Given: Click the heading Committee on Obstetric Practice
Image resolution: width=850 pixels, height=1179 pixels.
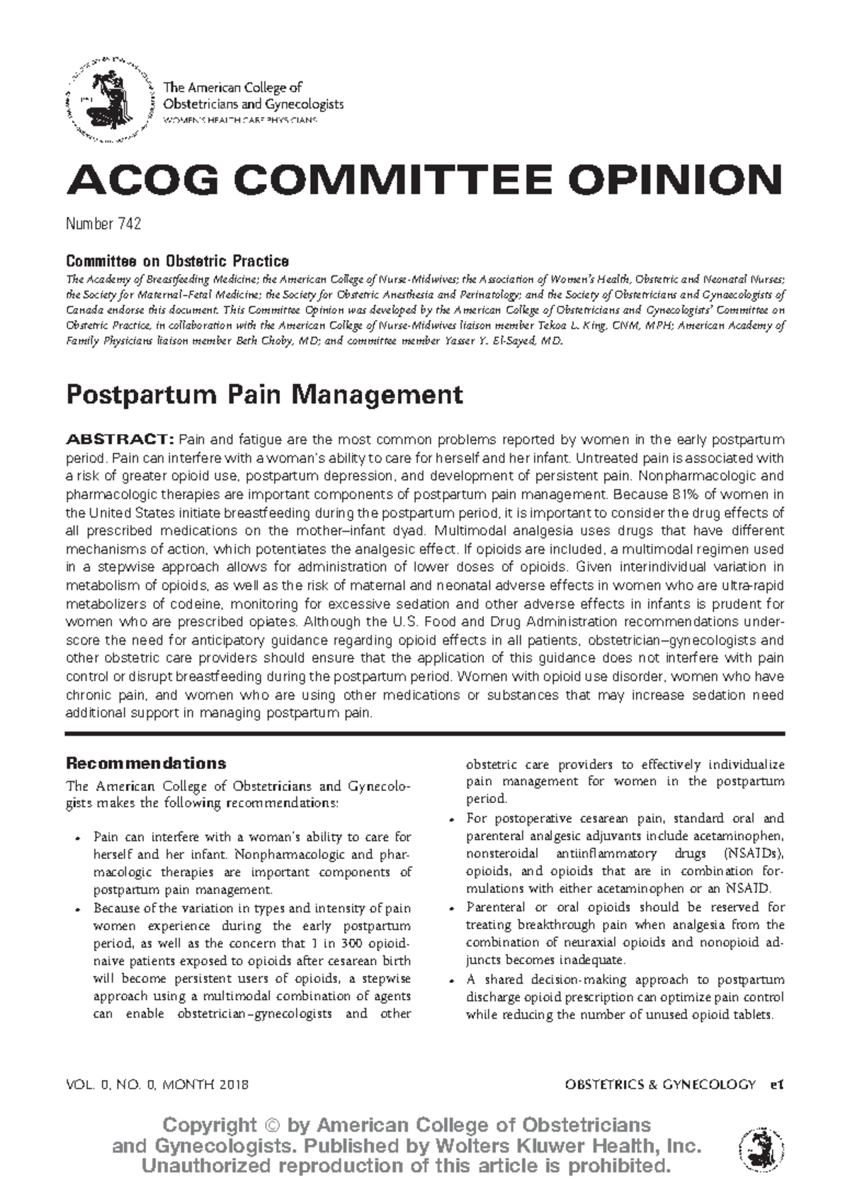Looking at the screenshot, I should (x=177, y=261).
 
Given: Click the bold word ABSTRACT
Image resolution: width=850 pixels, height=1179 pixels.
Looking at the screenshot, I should (x=119, y=440).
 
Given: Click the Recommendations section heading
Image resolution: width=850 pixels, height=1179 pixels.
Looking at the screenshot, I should (x=146, y=763).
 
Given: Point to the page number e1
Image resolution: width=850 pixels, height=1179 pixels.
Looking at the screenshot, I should (x=777, y=1084).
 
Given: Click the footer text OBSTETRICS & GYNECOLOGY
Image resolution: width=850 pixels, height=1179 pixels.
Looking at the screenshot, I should (x=660, y=1084).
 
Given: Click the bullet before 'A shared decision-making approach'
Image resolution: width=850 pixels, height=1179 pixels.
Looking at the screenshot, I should (x=452, y=981).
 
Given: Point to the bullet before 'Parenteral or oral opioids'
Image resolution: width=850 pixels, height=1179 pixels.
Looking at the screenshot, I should (x=452, y=909).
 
